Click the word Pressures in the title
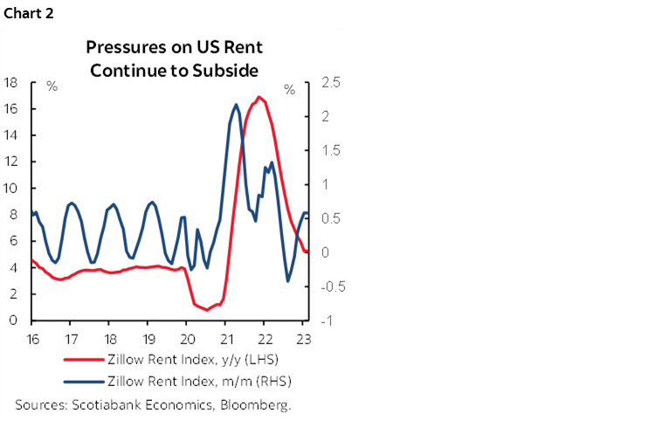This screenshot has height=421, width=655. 121,47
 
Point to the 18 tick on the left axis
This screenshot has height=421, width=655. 12,83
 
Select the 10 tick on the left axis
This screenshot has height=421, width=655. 12,189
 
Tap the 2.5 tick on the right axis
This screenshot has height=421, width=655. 333,83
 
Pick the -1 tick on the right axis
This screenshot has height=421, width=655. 328,321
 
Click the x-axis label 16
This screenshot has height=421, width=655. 32,338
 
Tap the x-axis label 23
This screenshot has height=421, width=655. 303,338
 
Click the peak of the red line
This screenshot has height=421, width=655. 259,97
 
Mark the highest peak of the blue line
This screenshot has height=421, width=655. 237,105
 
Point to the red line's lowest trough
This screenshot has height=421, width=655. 206,309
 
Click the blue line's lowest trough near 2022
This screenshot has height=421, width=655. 288,281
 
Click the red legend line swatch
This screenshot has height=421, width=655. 82,358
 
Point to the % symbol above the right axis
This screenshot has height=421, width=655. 289,88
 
